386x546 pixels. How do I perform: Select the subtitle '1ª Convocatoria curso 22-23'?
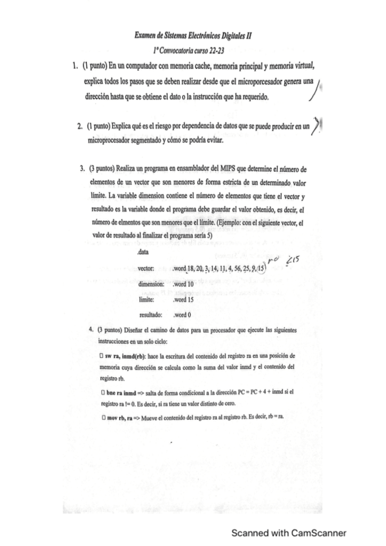click(193, 51)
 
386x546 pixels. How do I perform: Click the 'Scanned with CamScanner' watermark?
click(289, 532)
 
